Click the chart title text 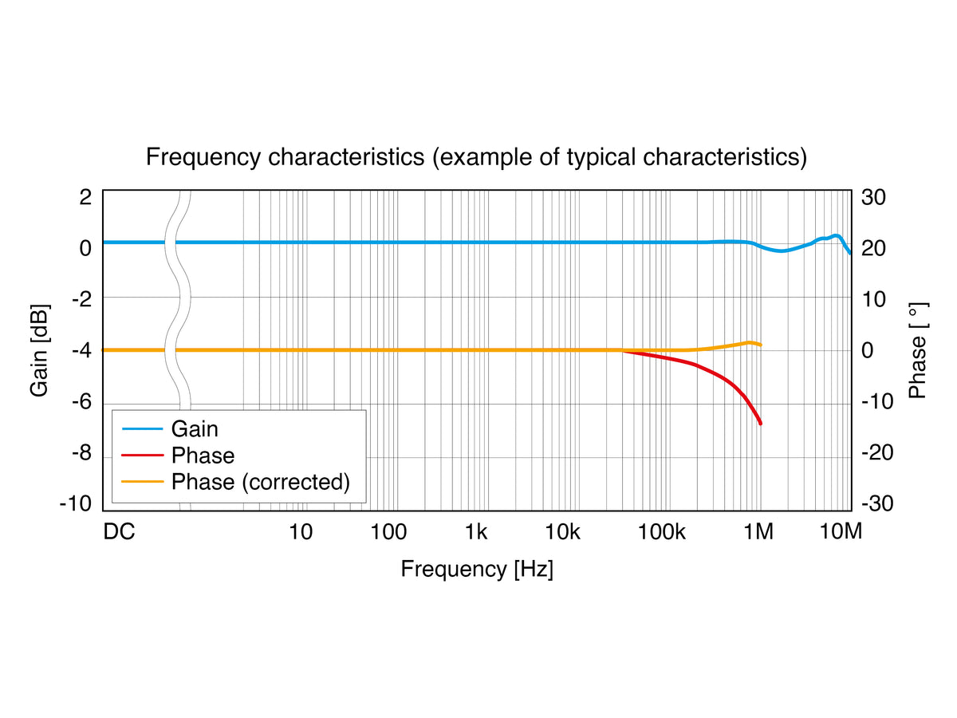coord(476,157)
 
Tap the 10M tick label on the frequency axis coord(840,532)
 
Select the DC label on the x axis coord(119,532)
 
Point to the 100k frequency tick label coord(661,532)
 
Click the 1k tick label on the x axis coord(475,532)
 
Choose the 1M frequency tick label coord(758,532)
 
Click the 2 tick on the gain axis coord(85,197)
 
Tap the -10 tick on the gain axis coord(76,503)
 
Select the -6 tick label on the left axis coord(82,401)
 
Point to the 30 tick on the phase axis coord(873,197)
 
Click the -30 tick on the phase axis coord(877,503)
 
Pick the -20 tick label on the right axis coord(877,452)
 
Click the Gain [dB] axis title coord(39,350)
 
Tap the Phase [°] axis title coord(918,350)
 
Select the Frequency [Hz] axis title coord(477,569)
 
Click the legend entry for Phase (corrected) coord(260,482)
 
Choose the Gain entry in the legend coord(195,429)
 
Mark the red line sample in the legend coord(143,455)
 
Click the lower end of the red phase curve coord(760,424)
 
